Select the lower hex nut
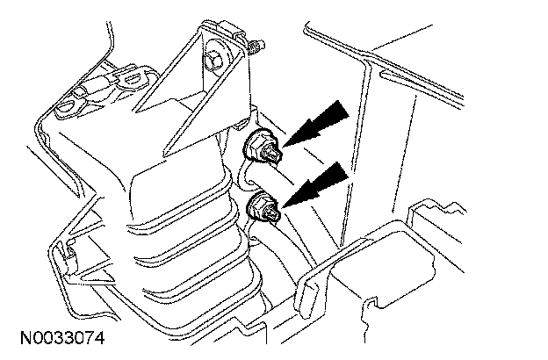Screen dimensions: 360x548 (x=262, y=208)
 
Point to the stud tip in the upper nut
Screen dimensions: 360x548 (x=274, y=156)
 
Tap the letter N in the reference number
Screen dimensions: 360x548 (x=19, y=337)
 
